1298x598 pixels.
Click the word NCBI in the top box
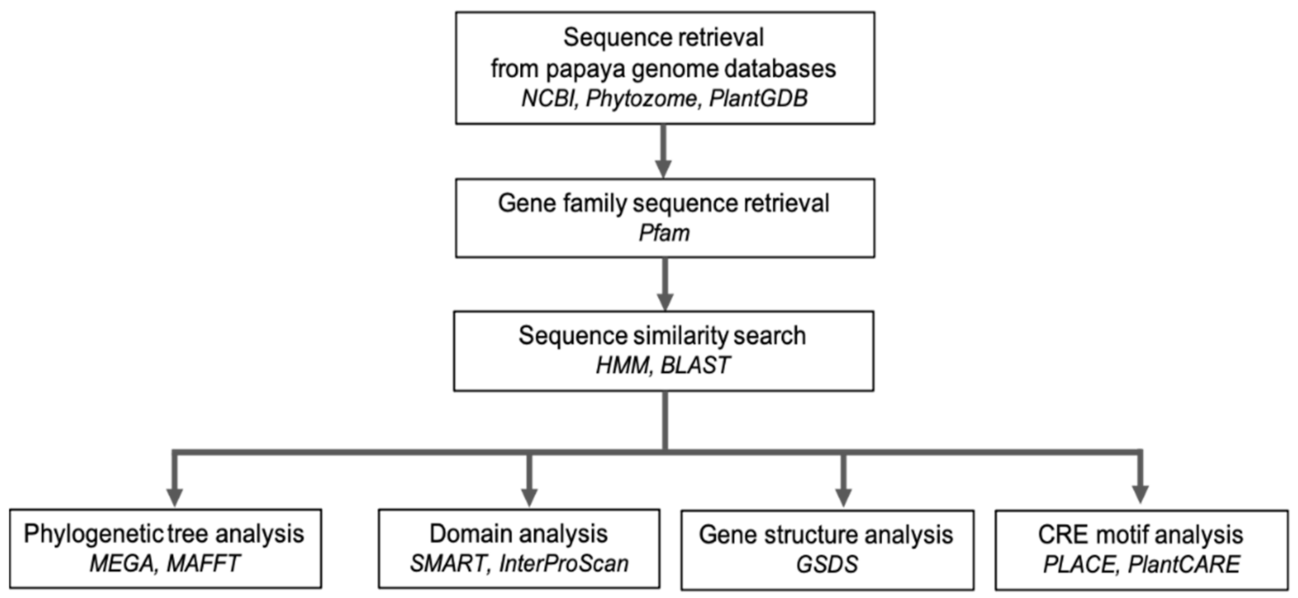(546, 98)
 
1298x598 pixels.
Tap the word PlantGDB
(758, 98)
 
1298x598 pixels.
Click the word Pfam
(664, 233)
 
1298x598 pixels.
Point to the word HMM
(622, 365)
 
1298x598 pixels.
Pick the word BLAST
(695, 365)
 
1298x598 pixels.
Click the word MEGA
(122, 563)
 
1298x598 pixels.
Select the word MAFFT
(203, 563)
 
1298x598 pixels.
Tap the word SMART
(448, 563)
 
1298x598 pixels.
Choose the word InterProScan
(563, 563)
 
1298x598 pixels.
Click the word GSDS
(826, 564)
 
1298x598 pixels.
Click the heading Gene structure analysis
(826, 535)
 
